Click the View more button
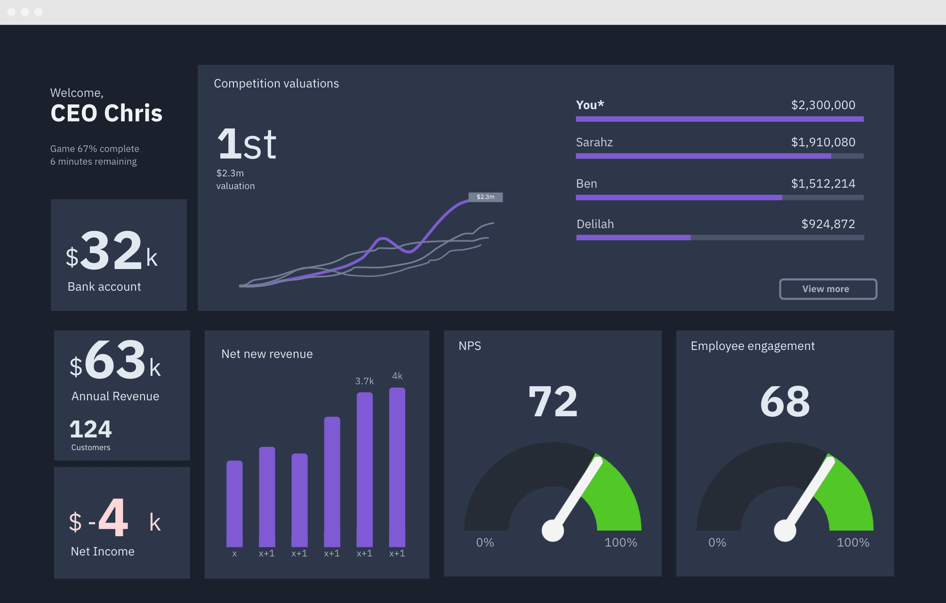point(828,289)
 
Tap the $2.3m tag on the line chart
point(485,197)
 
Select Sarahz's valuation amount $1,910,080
point(823,142)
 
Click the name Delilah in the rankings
point(595,224)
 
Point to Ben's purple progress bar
point(679,198)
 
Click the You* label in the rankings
point(590,105)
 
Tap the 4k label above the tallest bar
point(397,376)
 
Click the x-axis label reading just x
point(234,554)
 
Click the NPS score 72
point(553,401)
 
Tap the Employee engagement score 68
point(785,401)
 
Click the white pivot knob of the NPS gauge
point(553,531)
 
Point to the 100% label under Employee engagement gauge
point(852,542)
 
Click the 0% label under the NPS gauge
point(485,542)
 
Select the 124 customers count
point(90,429)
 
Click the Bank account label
point(104,286)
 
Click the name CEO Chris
point(106,113)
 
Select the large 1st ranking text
point(247,144)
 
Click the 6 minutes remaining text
point(93,161)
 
